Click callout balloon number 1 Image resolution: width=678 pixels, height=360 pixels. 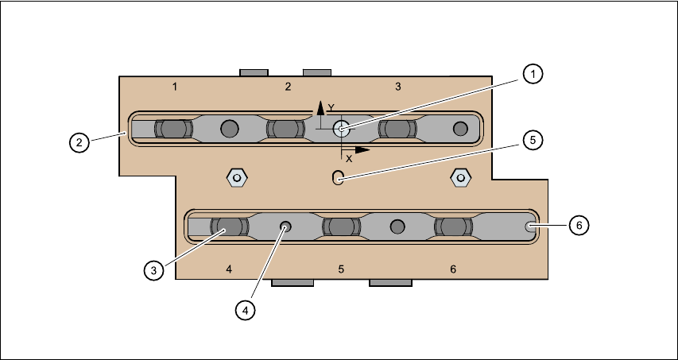coord(533,74)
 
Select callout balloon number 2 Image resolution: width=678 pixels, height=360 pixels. coord(78,143)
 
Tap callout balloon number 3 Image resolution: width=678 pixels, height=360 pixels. coord(154,270)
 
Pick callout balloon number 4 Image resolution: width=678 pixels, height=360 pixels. coord(246,310)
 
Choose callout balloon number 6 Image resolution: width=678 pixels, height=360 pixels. coord(579,226)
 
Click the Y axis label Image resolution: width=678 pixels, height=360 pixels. coord(332,107)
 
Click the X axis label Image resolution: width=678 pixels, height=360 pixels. coord(349,158)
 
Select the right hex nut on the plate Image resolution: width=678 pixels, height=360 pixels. coord(459,176)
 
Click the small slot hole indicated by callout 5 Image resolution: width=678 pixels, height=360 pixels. coord(338,177)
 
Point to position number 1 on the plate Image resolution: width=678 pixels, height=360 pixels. coord(174,85)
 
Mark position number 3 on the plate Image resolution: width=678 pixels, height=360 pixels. coord(398,85)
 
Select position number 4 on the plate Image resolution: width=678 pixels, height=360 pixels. coord(229,269)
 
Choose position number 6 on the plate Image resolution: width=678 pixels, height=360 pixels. coord(453,269)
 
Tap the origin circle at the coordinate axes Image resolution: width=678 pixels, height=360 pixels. coord(342,129)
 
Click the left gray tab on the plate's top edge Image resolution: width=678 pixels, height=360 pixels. coord(254,72)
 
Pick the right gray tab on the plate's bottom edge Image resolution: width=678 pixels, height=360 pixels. coord(390,282)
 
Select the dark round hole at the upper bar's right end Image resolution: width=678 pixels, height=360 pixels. coord(460,128)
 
